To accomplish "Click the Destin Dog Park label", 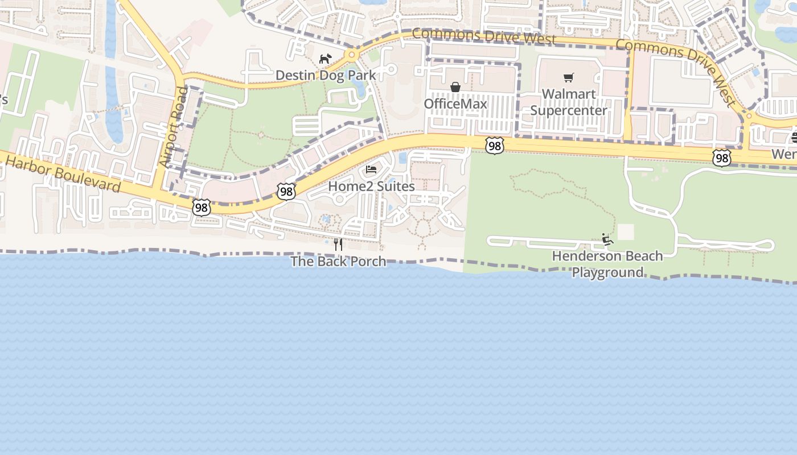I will (326, 75).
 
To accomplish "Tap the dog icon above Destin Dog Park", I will (325, 59).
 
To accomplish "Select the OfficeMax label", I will (455, 104).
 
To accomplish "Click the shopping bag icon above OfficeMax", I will (455, 87).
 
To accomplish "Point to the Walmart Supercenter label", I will (569, 102).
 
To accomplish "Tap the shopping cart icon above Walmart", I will (569, 77).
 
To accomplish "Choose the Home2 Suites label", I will (371, 186).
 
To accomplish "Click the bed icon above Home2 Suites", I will (371, 169).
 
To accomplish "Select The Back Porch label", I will (338, 261).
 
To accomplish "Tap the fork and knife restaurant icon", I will (338, 245).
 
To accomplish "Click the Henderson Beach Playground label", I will (607, 264).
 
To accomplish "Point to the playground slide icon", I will (607, 239).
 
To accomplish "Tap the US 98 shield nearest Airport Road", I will (202, 208).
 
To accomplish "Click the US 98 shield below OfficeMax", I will (495, 146).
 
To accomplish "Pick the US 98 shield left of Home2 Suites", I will (286, 192).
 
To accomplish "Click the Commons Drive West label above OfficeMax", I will (483, 36).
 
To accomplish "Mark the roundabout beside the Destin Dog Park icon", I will (352, 55).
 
